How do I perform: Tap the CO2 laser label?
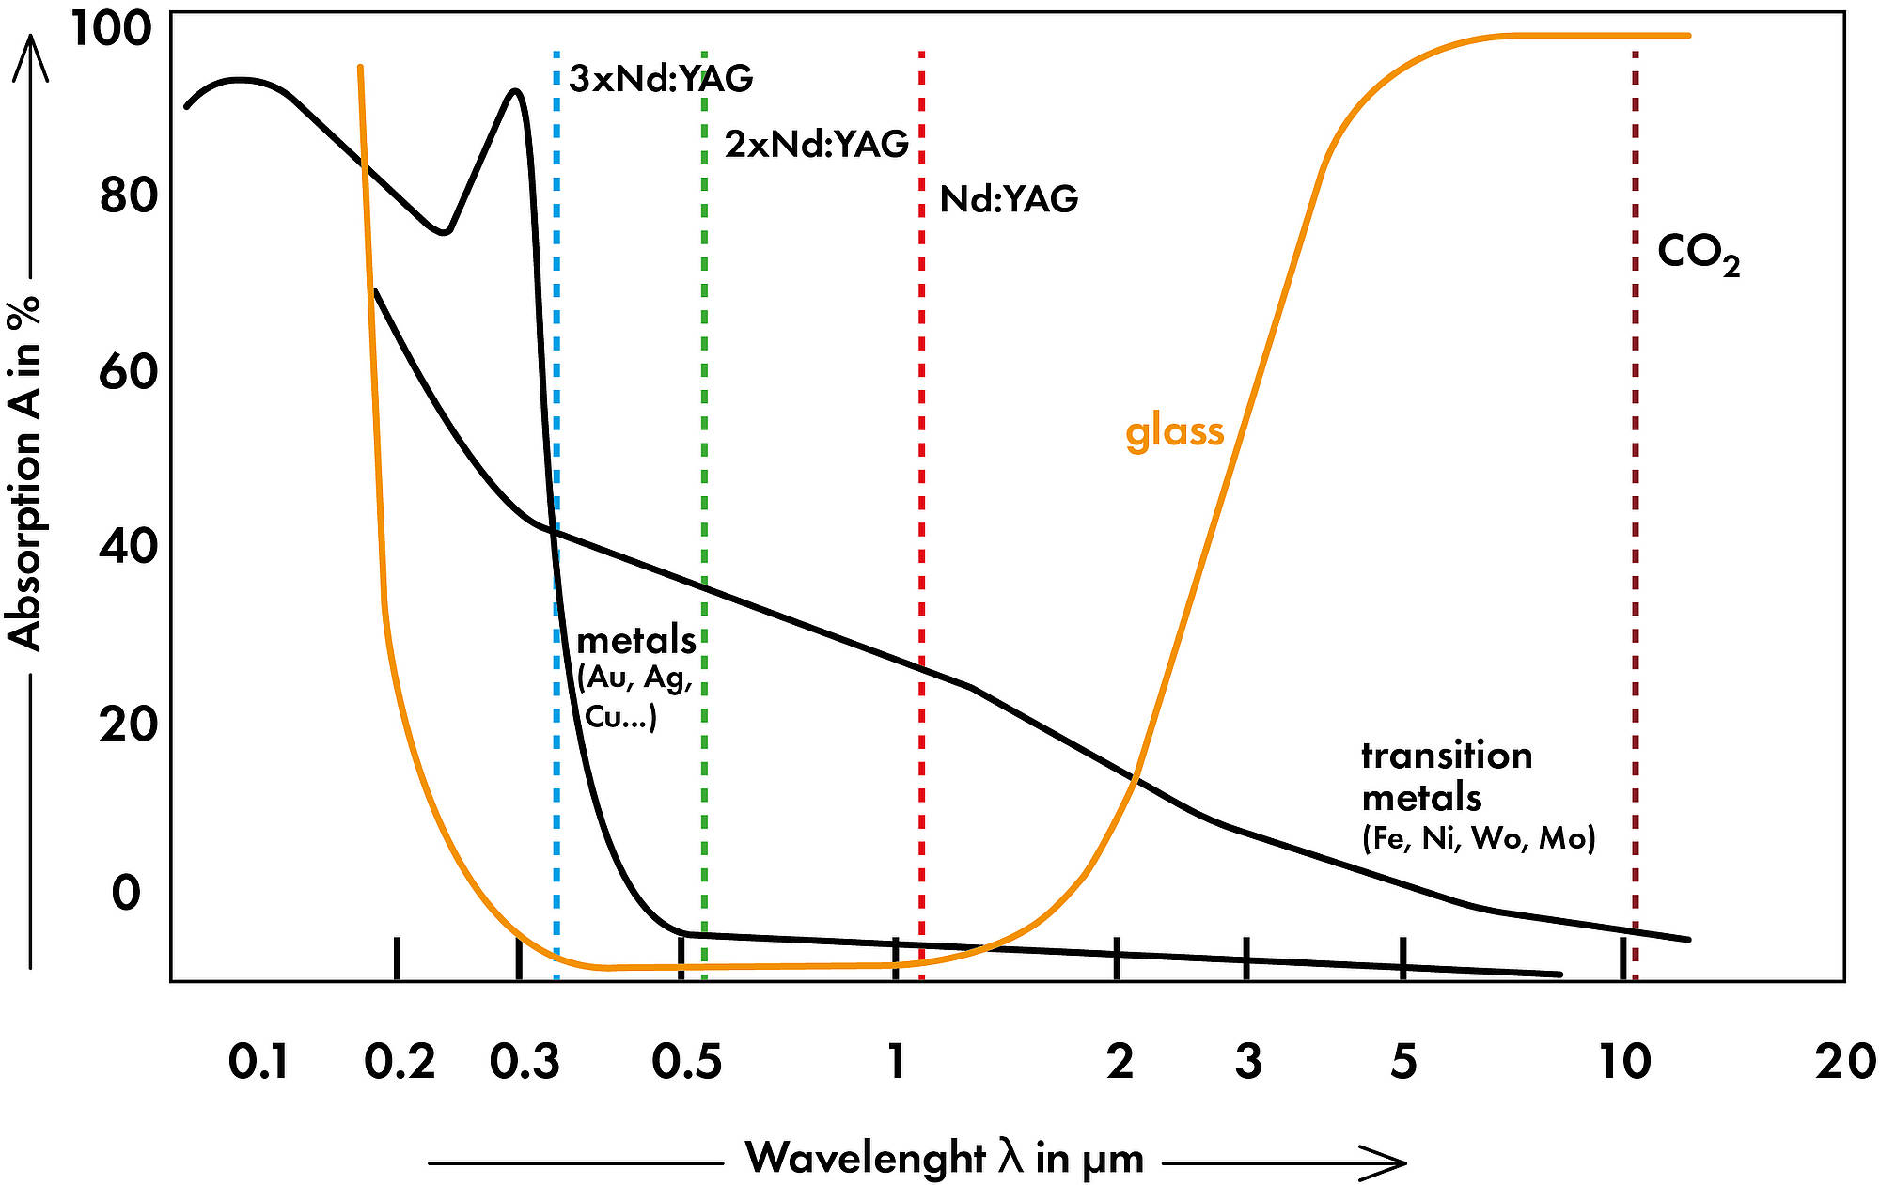(1698, 255)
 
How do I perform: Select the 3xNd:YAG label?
(661, 79)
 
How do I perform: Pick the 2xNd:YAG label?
(816, 144)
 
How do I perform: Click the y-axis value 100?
(110, 29)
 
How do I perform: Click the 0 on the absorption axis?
(126, 893)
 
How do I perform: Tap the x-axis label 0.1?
(258, 1063)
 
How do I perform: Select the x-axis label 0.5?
(687, 1063)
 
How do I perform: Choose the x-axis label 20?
(1846, 1063)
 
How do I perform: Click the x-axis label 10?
(1624, 1063)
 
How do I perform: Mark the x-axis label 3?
(1247, 1063)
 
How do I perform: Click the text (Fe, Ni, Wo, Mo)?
(1479, 837)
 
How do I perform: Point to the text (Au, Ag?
(635, 678)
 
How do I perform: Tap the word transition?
(1447, 756)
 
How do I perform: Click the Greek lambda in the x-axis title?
(1010, 1157)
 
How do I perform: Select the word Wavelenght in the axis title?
(865, 1157)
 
